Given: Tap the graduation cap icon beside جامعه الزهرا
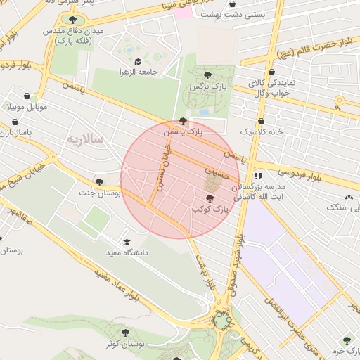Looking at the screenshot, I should pyautogui.click(x=137, y=62).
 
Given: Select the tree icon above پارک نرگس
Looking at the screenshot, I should pyautogui.click(x=206, y=75).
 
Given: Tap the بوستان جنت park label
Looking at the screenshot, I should pyautogui.click(x=99, y=191).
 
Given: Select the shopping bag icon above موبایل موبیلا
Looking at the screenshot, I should pyautogui.click(x=27, y=96).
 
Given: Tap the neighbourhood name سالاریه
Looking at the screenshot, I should pyautogui.click(x=84, y=140).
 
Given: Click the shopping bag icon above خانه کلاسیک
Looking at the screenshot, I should pyautogui.click(x=262, y=121).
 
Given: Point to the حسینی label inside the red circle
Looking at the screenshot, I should pyautogui.click(x=216, y=170).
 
